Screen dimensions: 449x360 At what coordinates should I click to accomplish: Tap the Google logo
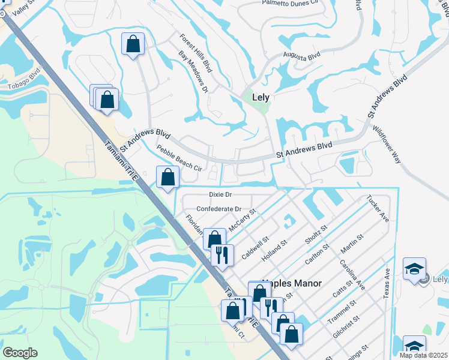[20, 353]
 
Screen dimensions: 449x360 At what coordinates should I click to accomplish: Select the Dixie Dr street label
[220, 194]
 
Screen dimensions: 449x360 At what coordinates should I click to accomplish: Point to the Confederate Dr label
[218, 209]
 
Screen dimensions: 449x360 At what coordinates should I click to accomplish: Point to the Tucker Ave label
[378, 208]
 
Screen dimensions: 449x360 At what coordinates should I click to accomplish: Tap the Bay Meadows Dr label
[193, 71]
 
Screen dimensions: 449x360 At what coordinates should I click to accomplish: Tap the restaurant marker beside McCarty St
[222, 254]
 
